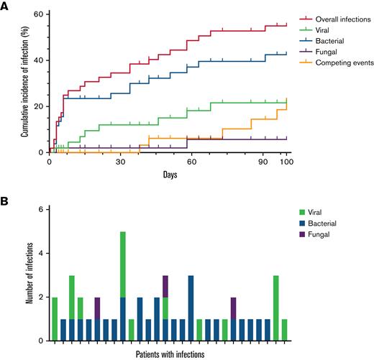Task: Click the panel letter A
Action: point(6,6)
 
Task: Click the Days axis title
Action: point(170,175)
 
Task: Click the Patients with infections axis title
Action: point(170,354)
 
